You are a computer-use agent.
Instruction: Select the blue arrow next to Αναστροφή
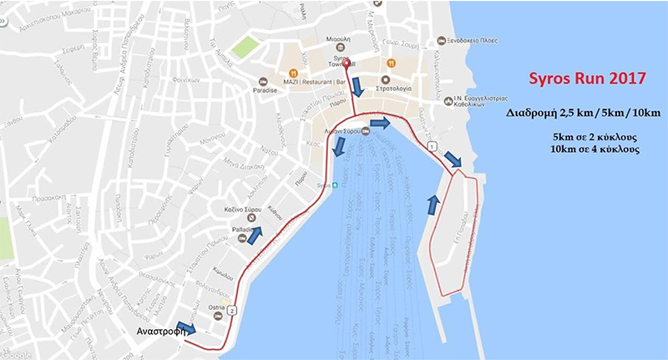(187, 329)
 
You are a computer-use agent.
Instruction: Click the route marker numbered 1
(431, 147)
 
